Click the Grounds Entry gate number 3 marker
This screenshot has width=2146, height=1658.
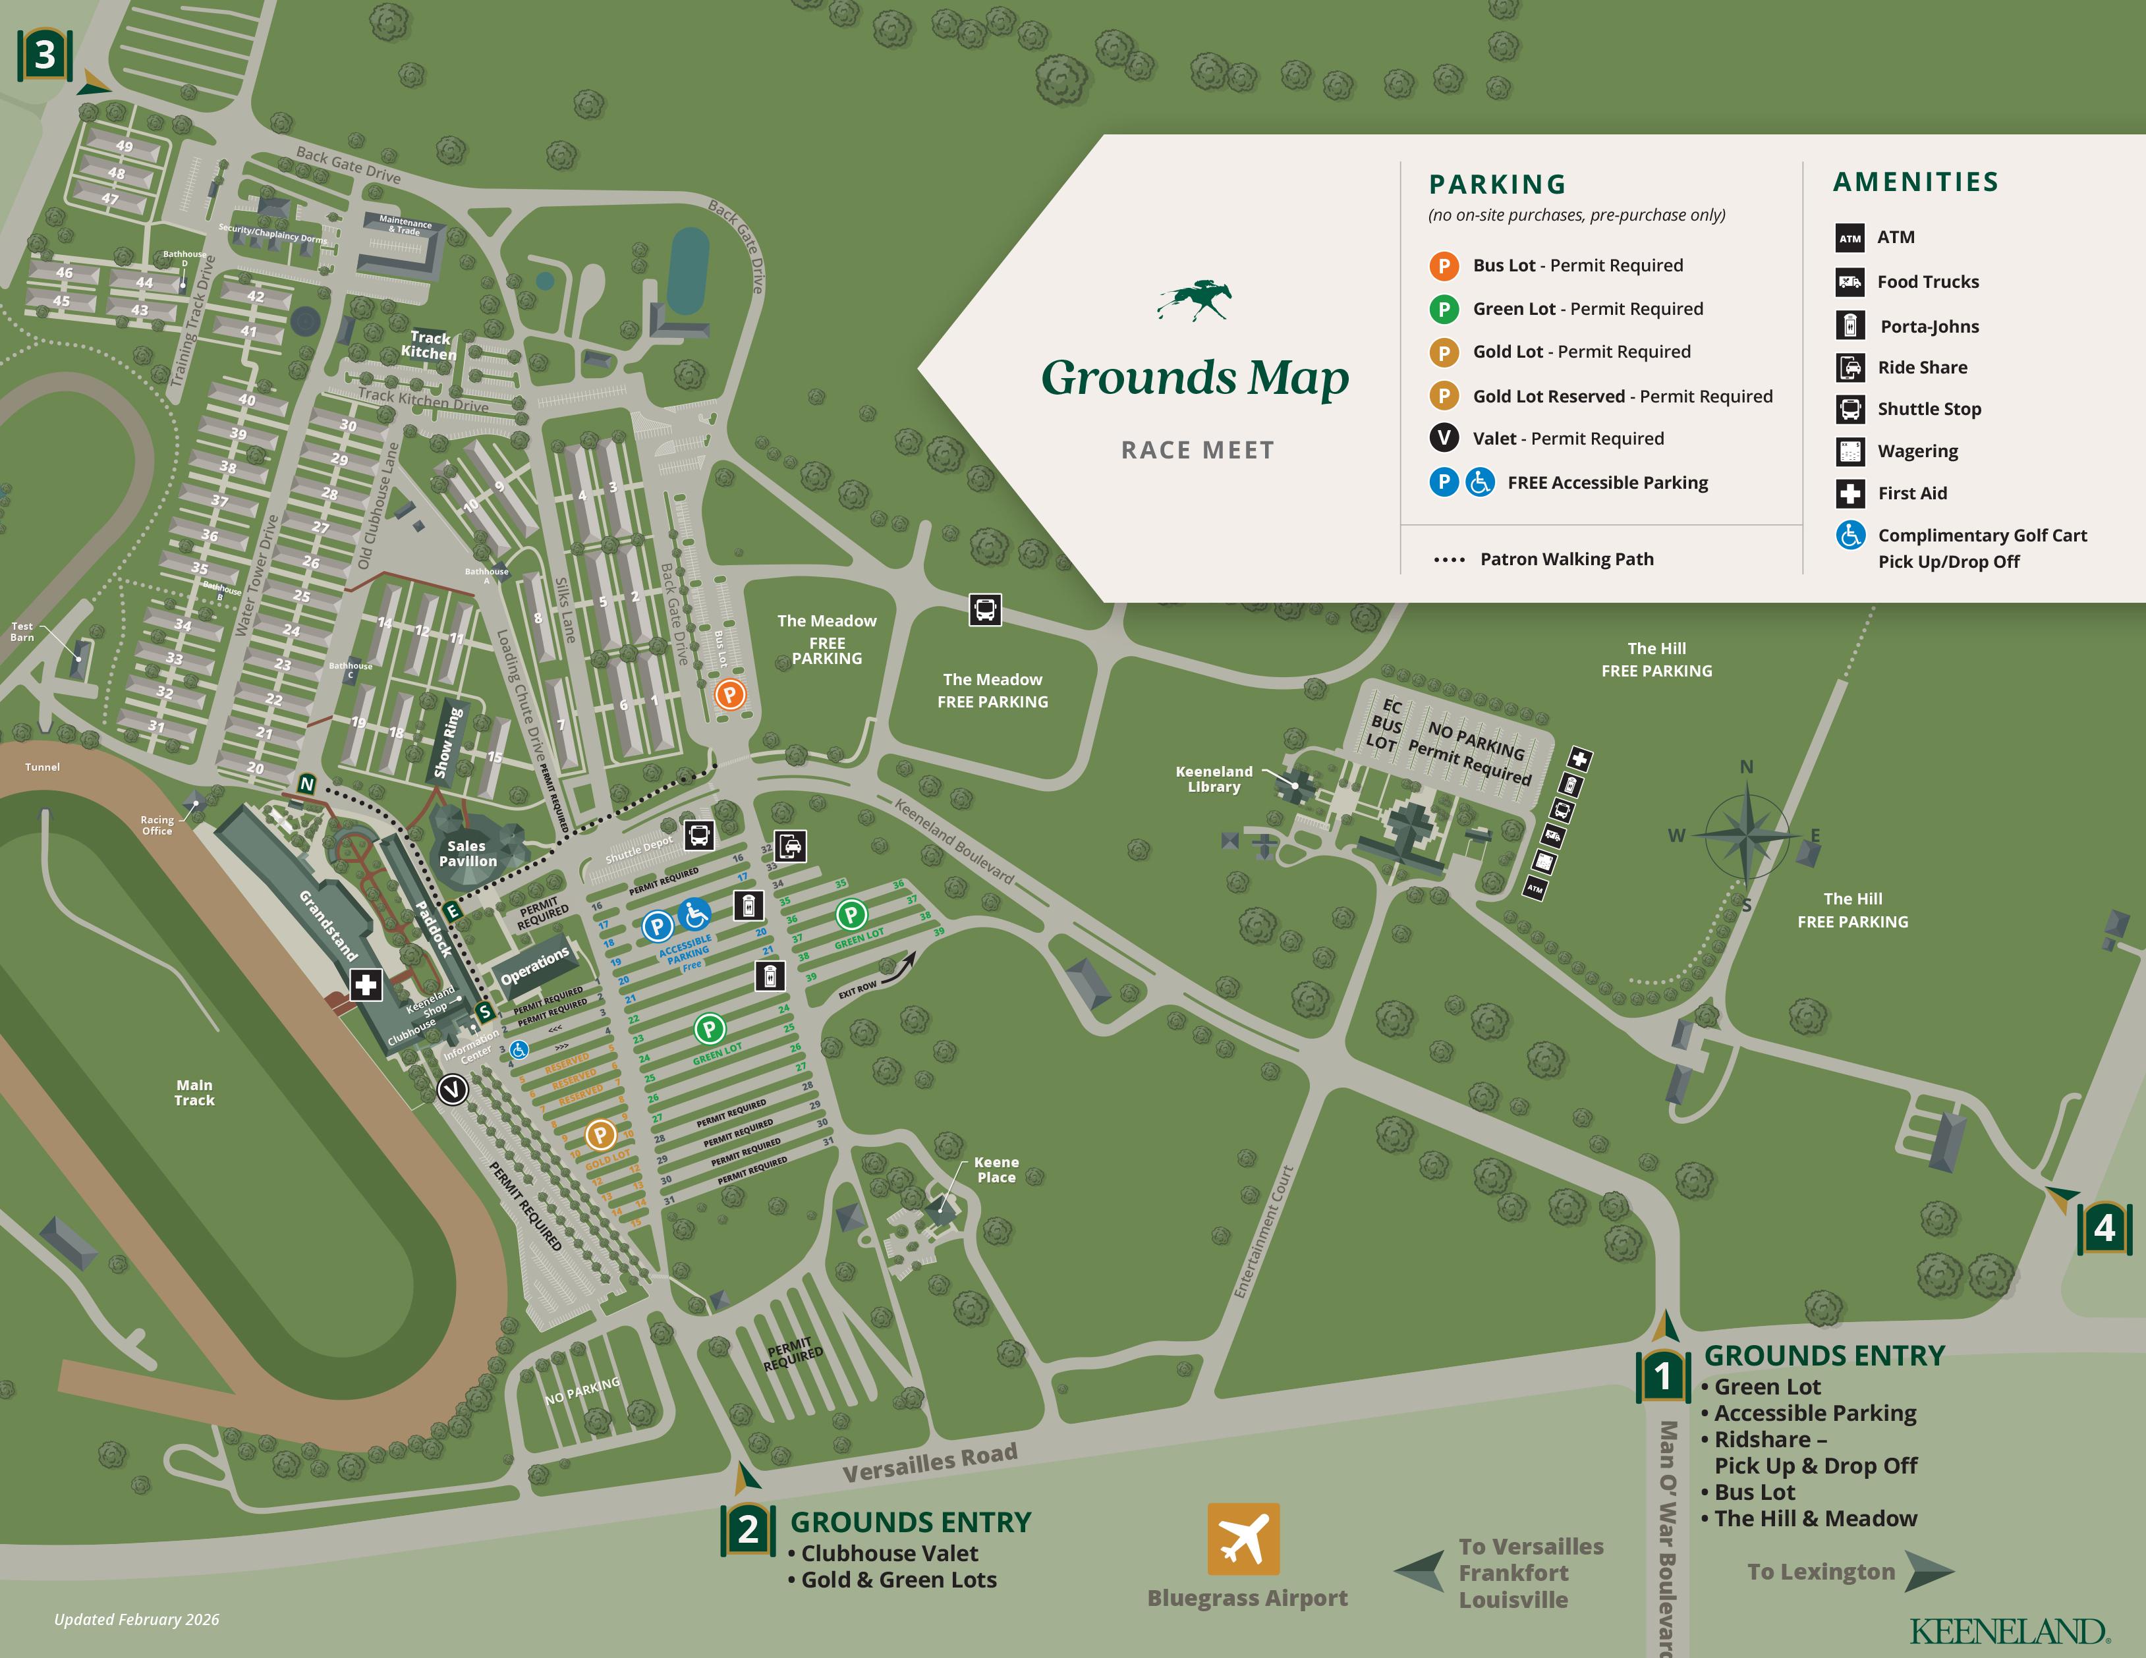pos(45,55)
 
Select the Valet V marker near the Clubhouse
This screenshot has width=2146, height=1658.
pos(452,1090)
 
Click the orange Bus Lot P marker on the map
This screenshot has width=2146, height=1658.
pos(729,694)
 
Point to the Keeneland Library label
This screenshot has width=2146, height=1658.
pos(1214,779)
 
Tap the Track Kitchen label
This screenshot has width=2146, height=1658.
pos(430,345)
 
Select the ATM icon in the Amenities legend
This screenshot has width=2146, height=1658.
pos(1850,238)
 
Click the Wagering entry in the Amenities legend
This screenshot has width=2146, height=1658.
pos(1917,451)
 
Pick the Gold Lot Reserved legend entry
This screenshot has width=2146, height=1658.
pos(1622,396)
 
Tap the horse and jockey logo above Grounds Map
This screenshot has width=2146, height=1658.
pos(1195,300)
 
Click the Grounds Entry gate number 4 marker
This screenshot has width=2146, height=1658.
pos(2104,1228)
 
